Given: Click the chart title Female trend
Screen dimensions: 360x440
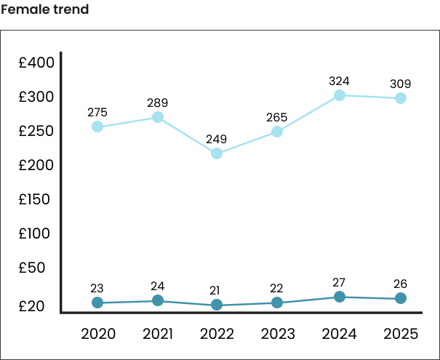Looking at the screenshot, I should coord(45,9).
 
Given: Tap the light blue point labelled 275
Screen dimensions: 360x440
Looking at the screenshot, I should coord(97,127).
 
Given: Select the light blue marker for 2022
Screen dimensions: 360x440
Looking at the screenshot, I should coord(217,153).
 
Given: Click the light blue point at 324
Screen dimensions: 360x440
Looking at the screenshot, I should coord(339,95).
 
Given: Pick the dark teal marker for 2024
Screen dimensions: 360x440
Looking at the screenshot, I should coord(339,297).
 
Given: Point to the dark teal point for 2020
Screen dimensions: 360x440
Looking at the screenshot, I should coord(97,303).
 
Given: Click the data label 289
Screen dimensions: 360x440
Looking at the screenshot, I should coord(157,103).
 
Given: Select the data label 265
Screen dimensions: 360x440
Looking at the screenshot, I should coord(277,117).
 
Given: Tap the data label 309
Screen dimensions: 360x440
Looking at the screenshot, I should coord(400,84).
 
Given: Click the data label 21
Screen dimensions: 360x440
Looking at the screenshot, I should coord(217,290).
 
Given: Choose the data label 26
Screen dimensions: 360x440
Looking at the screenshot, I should coord(400,284).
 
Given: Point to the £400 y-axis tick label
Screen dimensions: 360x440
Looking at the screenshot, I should coord(36,63).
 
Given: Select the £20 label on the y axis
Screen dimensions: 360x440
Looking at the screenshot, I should coord(33,306).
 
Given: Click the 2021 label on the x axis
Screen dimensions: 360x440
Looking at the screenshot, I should coord(157,334).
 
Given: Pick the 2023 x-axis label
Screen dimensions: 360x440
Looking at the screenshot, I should coord(277,334).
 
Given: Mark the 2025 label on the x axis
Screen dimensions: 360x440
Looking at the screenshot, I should coord(400,334).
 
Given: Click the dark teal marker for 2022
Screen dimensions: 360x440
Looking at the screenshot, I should coord(217,305).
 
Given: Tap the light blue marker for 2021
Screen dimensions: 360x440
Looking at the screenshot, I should coord(157,117).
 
